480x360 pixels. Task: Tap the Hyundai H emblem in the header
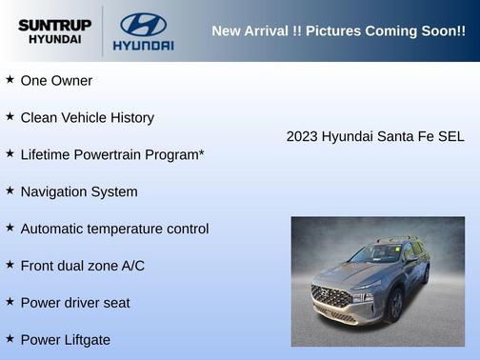(x=143, y=23)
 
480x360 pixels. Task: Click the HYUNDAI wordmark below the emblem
(x=143, y=45)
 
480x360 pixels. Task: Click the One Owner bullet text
(x=56, y=81)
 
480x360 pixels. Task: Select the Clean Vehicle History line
(x=87, y=118)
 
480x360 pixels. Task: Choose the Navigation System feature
(x=78, y=191)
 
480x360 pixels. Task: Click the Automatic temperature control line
(x=114, y=229)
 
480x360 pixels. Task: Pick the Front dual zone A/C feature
(x=82, y=266)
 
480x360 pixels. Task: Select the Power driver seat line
(x=75, y=303)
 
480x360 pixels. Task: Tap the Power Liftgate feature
(x=65, y=340)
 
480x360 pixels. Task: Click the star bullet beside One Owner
(x=10, y=80)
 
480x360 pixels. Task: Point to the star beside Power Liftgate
(x=10, y=338)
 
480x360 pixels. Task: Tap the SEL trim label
(x=450, y=137)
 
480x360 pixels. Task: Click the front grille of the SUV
(x=331, y=296)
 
